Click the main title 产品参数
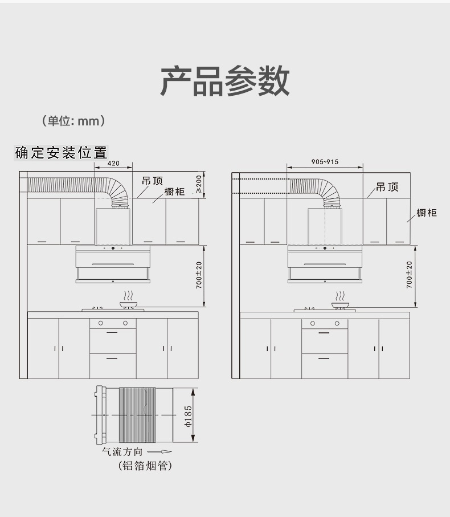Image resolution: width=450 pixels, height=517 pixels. (225, 81)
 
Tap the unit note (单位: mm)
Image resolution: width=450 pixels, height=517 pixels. (73, 121)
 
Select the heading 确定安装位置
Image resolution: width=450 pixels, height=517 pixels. (62, 153)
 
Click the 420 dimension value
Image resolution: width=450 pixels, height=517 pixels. (113, 163)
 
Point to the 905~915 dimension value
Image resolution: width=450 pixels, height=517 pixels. (325, 162)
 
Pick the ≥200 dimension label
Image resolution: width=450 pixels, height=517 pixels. (199, 184)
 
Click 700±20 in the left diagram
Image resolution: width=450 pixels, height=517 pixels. (199, 275)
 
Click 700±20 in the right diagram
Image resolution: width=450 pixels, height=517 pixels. (409, 275)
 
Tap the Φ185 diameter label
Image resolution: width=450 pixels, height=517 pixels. (188, 416)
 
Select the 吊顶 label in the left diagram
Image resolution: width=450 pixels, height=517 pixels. (152, 181)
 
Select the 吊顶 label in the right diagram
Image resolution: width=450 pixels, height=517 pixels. (387, 188)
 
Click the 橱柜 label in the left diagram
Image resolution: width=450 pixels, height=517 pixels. (174, 192)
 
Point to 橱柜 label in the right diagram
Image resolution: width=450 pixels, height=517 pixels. (427, 213)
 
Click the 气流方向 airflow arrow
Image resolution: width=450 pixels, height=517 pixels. (159, 451)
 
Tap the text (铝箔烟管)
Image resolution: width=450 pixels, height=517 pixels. (145, 466)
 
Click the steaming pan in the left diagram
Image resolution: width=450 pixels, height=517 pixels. (129, 300)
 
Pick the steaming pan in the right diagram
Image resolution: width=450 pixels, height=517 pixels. (340, 300)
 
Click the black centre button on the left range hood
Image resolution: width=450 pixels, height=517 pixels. (113, 249)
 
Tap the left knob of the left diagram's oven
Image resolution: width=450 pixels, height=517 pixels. (101, 323)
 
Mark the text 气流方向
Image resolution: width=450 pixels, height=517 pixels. (122, 451)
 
